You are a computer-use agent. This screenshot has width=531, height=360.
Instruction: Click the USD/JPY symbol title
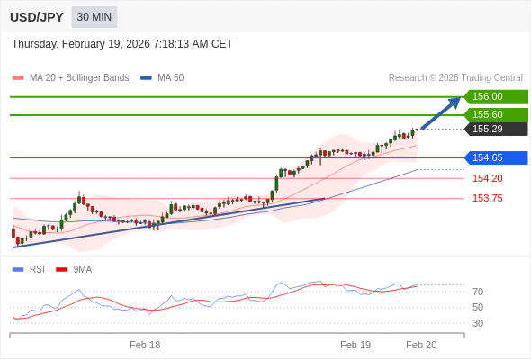click(x=36, y=17)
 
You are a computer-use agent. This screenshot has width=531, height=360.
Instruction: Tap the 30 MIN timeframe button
click(x=94, y=17)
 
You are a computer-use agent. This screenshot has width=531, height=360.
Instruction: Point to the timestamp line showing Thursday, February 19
click(x=122, y=43)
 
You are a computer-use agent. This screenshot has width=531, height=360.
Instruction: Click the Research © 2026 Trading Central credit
click(x=455, y=77)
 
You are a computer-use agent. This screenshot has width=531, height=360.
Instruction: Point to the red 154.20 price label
click(x=488, y=178)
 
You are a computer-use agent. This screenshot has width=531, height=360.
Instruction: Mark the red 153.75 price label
click(x=488, y=198)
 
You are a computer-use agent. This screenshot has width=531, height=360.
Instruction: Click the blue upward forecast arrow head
click(x=454, y=103)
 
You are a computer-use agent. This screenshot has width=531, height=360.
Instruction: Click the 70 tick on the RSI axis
click(x=478, y=292)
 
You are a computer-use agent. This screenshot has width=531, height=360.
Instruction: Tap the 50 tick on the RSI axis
click(x=478, y=307)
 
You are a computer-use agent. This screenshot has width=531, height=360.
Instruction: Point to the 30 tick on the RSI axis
click(x=478, y=323)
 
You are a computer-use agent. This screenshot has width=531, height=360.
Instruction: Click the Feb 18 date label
click(x=145, y=345)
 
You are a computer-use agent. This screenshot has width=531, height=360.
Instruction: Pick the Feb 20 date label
click(x=421, y=345)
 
